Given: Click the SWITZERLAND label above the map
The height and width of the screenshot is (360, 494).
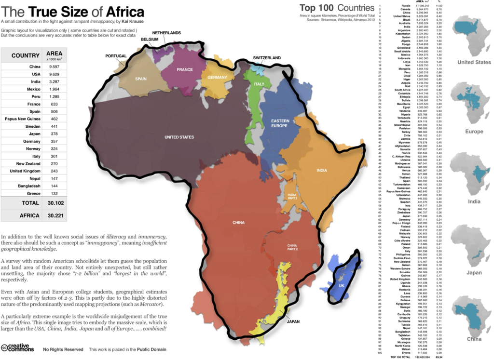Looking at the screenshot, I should click(x=266, y=58).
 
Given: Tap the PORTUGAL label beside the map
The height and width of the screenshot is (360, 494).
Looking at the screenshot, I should click(x=116, y=56).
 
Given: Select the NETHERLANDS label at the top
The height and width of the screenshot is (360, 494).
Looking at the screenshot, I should click(x=163, y=33).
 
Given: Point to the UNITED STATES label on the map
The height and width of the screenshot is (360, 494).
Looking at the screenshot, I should click(x=179, y=137).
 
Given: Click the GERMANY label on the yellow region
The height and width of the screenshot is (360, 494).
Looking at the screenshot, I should click(x=217, y=78).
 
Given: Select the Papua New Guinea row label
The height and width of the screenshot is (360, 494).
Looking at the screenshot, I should click(x=25, y=118).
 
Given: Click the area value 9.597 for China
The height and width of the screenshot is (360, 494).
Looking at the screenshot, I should click(x=55, y=67).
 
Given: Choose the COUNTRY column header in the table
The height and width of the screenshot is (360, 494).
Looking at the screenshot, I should click(x=25, y=55).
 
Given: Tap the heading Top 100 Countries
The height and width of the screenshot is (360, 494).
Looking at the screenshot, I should click(x=337, y=8).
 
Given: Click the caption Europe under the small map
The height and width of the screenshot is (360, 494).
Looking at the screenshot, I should click(x=474, y=132).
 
